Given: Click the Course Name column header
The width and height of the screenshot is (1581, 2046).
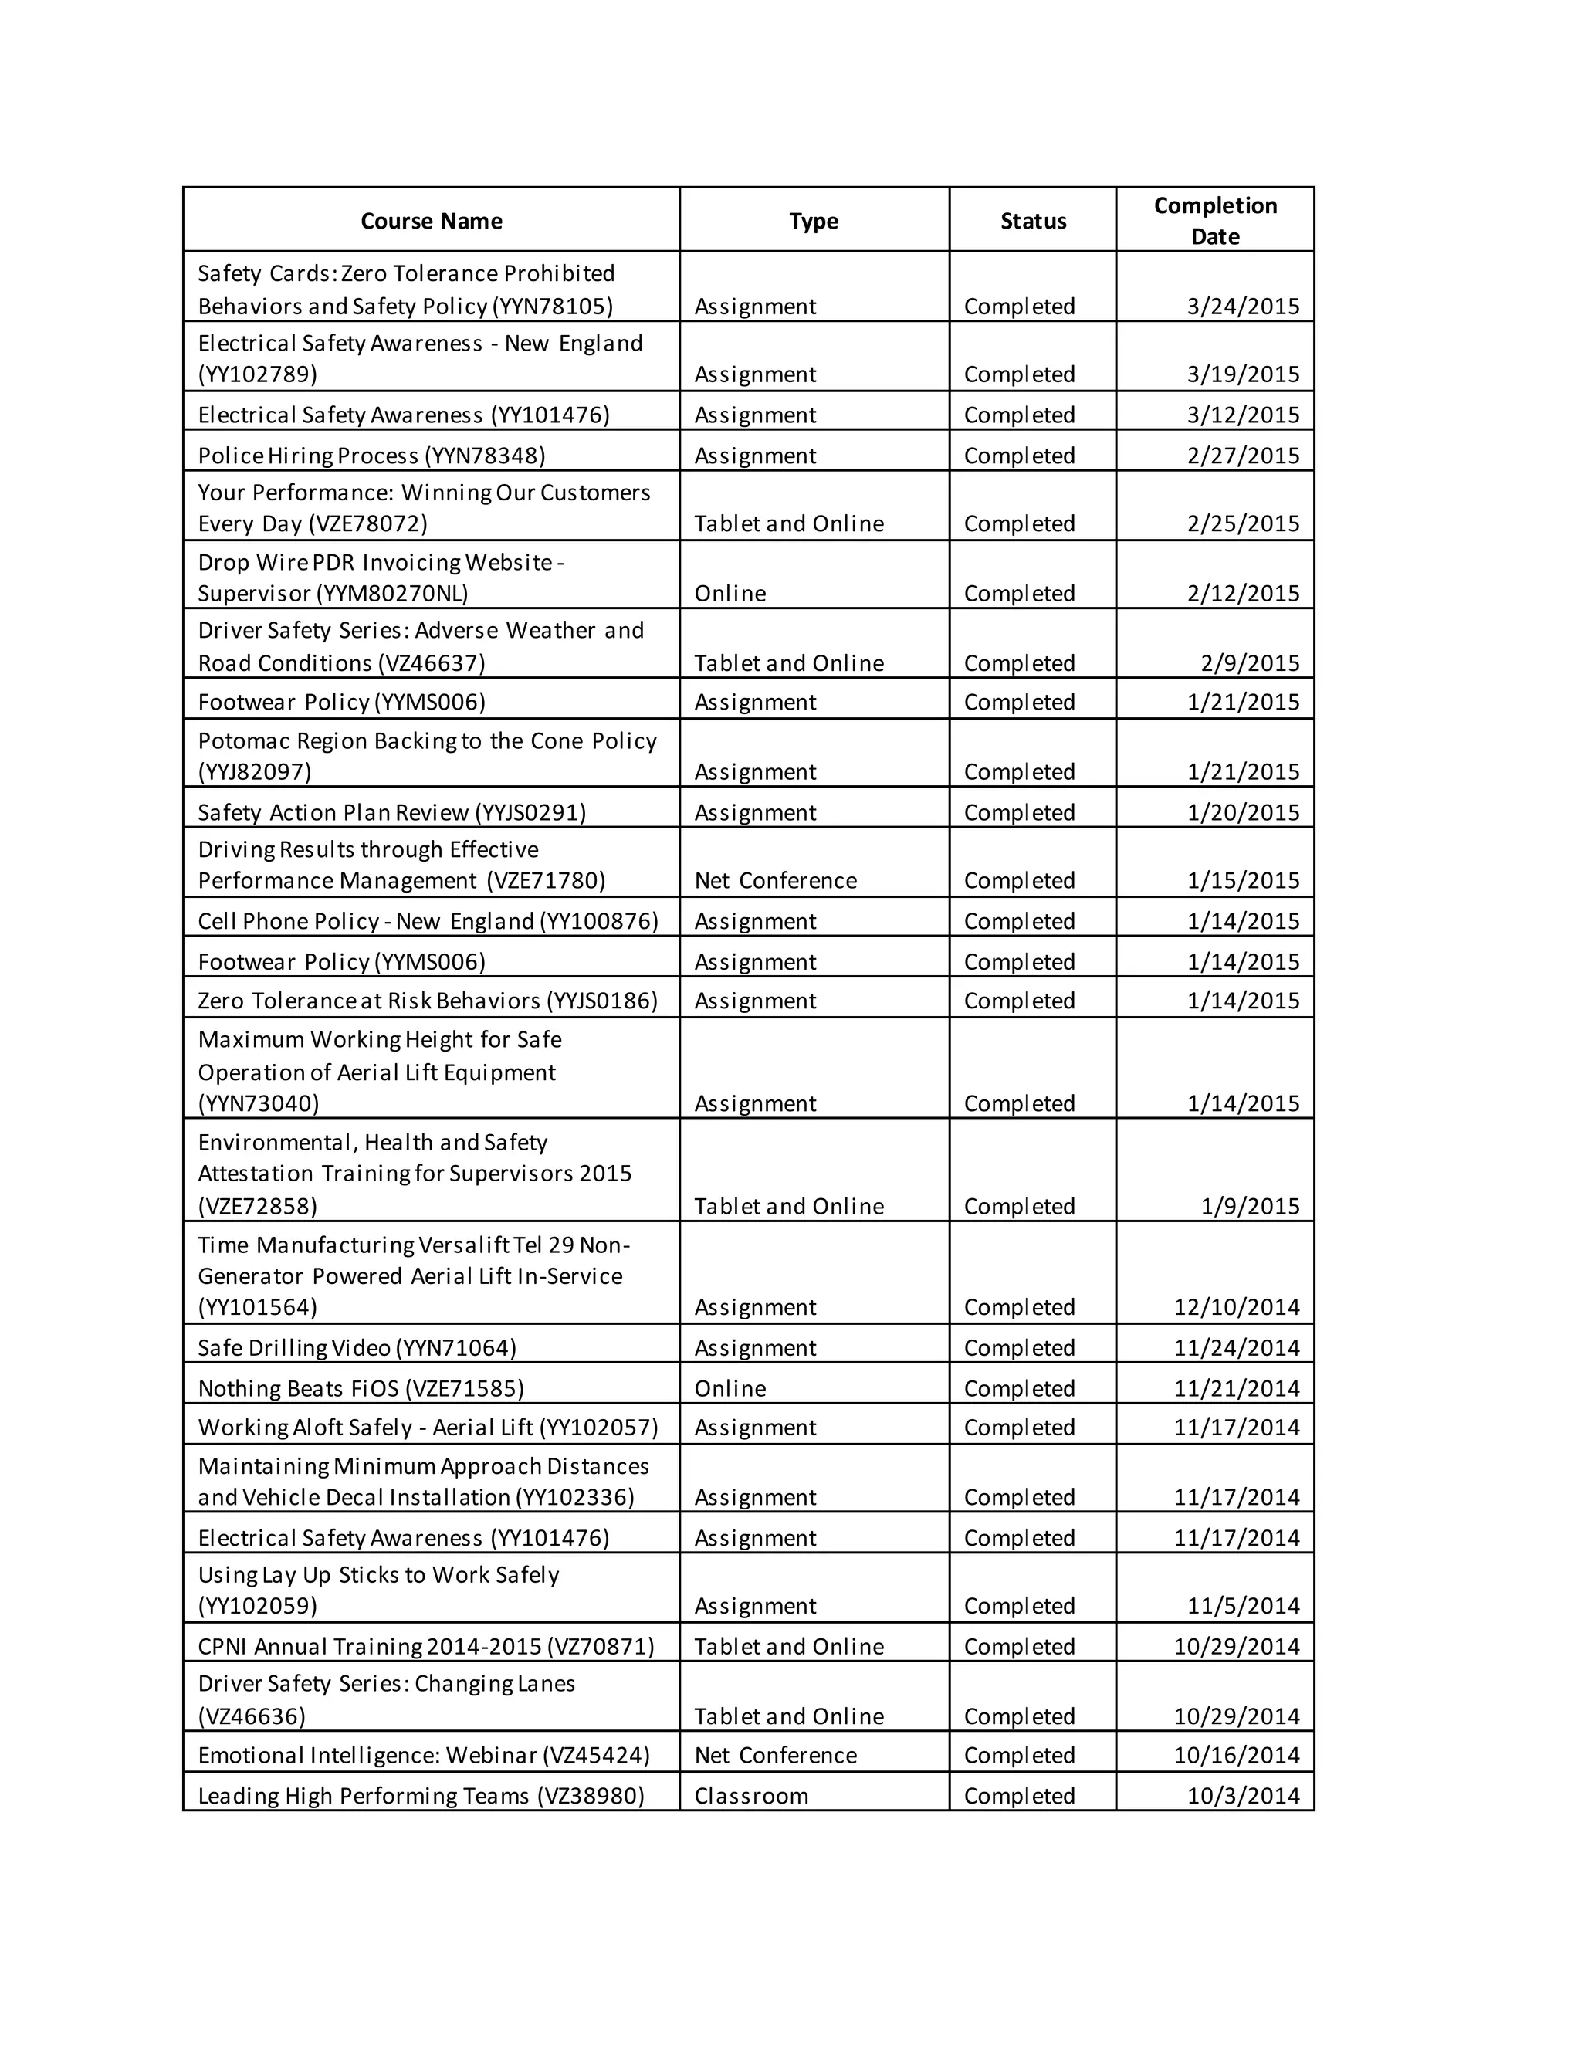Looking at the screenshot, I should [x=431, y=221].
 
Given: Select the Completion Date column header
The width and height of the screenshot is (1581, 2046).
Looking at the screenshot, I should [x=1215, y=220].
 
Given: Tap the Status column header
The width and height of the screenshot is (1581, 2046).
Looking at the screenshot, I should [x=1032, y=221].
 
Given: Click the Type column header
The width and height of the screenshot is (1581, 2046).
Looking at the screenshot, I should [x=813, y=221].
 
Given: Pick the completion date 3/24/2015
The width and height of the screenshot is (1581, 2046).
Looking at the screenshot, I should [x=1243, y=307].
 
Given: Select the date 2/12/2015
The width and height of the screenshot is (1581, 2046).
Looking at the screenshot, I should [x=1243, y=593].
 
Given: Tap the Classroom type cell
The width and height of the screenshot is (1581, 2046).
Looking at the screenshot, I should [x=750, y=1795].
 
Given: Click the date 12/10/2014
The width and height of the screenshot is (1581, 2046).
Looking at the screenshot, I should [x=1237, y=1307].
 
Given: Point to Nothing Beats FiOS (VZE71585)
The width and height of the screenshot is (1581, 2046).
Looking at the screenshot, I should [x=361, y=1388].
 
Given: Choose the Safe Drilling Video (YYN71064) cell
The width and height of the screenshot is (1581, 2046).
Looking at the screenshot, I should [x=357, y=1347].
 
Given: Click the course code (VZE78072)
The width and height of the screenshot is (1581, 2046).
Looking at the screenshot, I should [x=367, y=523].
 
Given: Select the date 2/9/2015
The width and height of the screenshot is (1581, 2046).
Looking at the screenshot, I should [x=1250, y=663].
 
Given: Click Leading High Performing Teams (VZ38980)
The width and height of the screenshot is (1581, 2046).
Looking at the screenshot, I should [x=421, y=1795].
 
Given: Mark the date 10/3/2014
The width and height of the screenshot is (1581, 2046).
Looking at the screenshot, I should [x=1243, y=1795].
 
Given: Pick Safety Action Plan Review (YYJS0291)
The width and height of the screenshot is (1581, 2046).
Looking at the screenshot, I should [x=391, y=812].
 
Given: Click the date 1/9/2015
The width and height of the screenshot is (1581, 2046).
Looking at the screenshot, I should [x=1250, y=1206].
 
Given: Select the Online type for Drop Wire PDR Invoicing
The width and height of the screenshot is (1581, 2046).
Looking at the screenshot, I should [x=730, y=593].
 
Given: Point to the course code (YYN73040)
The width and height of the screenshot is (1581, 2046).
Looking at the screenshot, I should [x=259, y=1103].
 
